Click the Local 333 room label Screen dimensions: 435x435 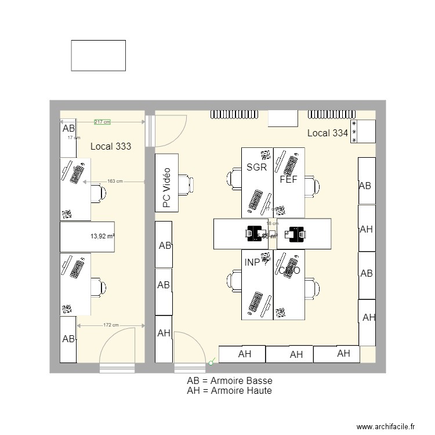pos(111,147)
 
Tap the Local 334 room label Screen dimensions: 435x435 pos(327,133)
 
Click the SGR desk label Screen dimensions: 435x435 pos(256,168)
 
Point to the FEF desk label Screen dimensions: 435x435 pos(288,180)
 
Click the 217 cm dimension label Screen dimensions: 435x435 pos(102,122)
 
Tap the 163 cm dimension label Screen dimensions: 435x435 pos(115,181)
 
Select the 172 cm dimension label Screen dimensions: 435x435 pos(111,325)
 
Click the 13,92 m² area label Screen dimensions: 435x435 pos(102,236)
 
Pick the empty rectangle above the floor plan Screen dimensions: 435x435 pos(98,55)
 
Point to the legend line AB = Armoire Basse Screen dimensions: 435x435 pos(229,381)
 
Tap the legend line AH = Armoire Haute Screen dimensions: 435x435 pos(229,391)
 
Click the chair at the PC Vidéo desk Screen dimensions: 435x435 pos(186,183)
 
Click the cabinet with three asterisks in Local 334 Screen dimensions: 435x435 pos(363,132)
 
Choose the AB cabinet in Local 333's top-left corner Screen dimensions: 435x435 pos(68,137)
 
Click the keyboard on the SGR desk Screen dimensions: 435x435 pos(254,200)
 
